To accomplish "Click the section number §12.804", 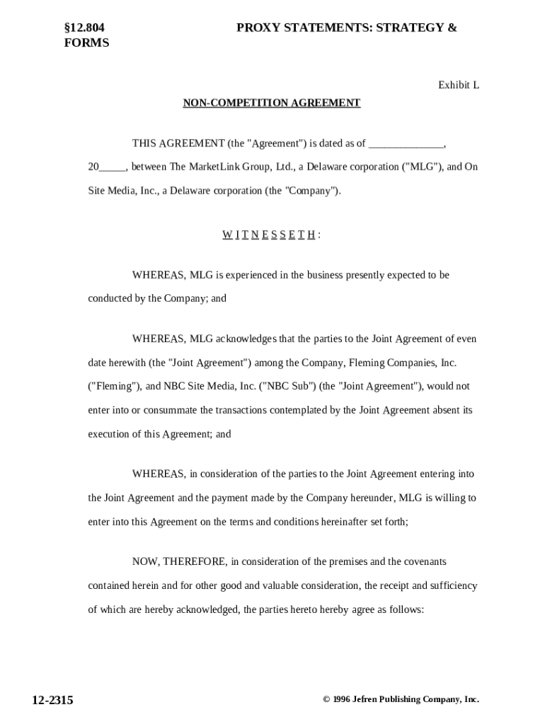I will click(x=84, y=28).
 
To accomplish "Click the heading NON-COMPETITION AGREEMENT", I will click(x=272, y=103).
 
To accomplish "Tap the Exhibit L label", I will click(x=458, y=85).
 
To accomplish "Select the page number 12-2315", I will click(x=52, y=700).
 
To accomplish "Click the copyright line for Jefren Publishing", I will click(x=401, y=699).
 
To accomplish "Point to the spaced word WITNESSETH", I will click(x=269, y=235).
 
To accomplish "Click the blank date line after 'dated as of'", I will click(x=406, y=144).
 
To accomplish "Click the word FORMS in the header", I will click(x=86, y=42).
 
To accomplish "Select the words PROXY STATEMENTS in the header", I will click(x=304, y=28).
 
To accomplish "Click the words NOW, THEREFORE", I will click(x=180, y=562).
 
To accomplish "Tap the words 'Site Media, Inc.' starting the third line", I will click(x=122, y=191).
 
